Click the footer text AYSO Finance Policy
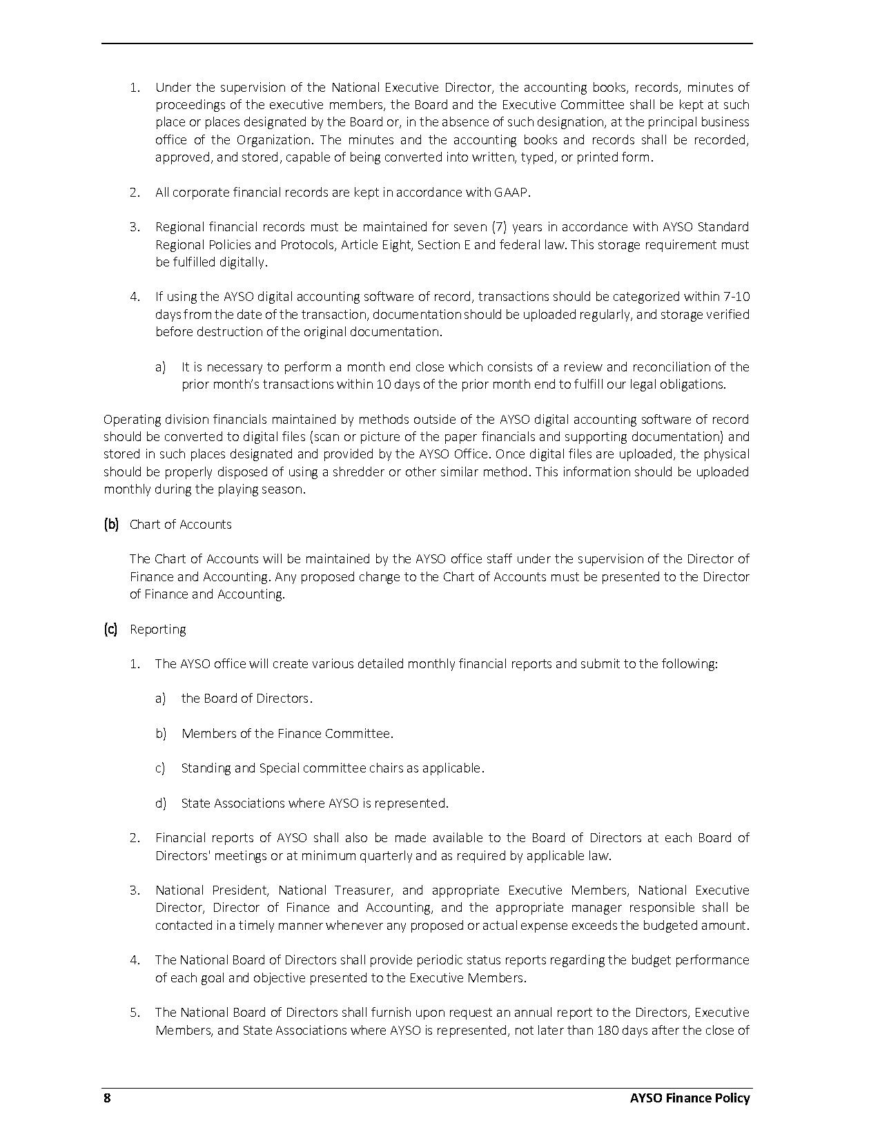(x=690, y=1098)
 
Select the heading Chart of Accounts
(x=180, y=525)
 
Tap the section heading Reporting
(x=157, y=630)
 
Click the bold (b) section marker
(x=111, y=525)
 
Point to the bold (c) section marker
(x=110, y=630)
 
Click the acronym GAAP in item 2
(x=511, y=193)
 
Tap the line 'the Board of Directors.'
(x=246, y=699)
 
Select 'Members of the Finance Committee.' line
(x=287, y=734)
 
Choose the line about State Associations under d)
(x=315, y=804)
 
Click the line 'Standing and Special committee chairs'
(x=333, y=768)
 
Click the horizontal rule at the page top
(x=427, y=44)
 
